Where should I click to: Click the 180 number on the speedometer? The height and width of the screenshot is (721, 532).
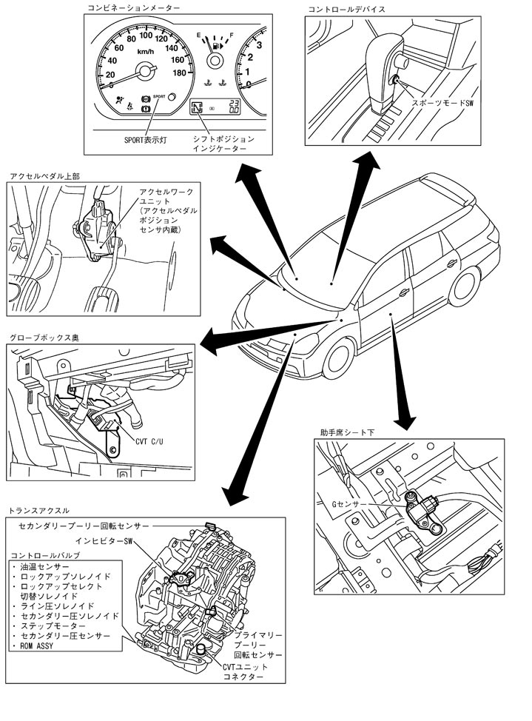(178, 73)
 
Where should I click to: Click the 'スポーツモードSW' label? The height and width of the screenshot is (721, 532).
(442, 104)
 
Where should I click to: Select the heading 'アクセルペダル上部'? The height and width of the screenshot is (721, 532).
(44, 177)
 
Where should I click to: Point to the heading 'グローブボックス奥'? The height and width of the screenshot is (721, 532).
(44, 337)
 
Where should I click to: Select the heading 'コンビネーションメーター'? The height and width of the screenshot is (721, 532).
(134, 8)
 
